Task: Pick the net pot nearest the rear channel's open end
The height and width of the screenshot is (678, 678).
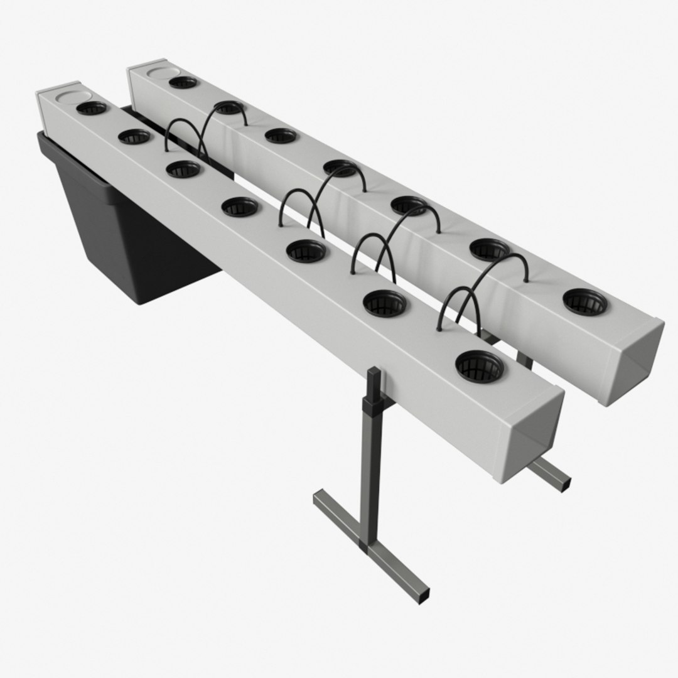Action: coord(585,302)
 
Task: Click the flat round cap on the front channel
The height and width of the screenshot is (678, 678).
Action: coord(70,97)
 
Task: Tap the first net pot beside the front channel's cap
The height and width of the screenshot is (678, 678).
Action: coord(92,108)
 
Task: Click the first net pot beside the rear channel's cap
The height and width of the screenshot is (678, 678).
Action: coord(183,82)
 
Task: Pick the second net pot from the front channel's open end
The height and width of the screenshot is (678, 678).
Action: coord(385,303)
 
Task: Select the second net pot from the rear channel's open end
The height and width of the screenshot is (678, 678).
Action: coord(490,249)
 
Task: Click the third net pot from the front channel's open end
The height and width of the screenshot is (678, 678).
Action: coord(306,250)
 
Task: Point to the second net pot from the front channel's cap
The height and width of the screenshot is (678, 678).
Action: coord(134,136)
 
